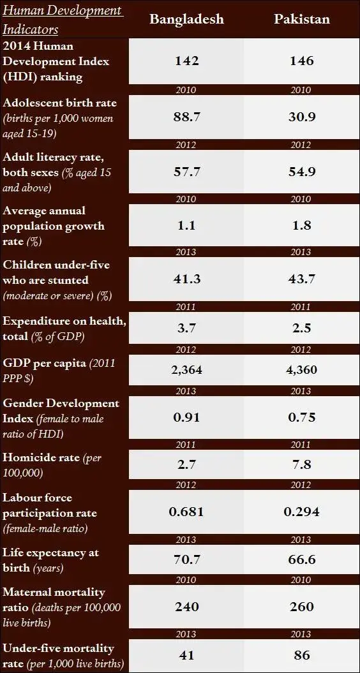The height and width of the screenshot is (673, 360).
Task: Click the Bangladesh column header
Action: pos(186,19)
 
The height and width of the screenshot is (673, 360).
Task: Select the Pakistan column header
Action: pos(302,19)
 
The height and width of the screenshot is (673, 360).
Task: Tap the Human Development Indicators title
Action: pos(62,20)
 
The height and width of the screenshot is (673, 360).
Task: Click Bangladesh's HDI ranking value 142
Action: pos(186,61)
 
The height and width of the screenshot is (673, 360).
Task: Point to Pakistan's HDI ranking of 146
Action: pos(302,61)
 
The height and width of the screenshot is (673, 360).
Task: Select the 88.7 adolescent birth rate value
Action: pos(186,117)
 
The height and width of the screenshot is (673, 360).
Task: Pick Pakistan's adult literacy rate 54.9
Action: pos(302,172)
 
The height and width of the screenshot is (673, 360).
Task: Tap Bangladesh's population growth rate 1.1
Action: pos(186,226)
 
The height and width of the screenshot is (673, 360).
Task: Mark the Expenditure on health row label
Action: pos(64,328)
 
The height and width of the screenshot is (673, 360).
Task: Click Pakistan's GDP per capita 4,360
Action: pos(302,370)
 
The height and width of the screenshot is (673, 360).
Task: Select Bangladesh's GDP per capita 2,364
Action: pos(186,370)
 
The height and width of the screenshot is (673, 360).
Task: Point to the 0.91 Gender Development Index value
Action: pos(186,418)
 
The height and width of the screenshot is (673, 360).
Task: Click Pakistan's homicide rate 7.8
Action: pos(302,466)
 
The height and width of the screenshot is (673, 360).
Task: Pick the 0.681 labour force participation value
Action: pos(186,512)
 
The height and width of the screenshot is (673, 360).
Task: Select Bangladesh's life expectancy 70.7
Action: pos(186,559)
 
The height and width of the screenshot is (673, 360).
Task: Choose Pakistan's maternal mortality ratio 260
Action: pos(302,607)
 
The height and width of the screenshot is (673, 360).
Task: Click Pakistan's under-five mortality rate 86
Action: pos(302,655)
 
